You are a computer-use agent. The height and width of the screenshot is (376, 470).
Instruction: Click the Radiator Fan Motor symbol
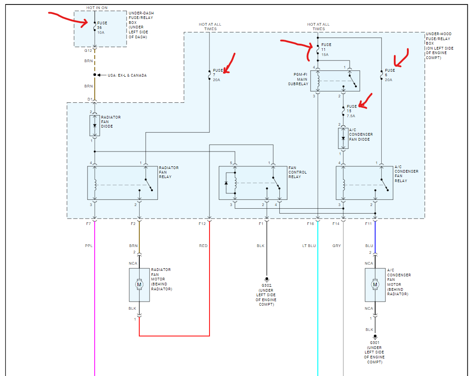139,284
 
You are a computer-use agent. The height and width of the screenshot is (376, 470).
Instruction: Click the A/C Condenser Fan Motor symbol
375,284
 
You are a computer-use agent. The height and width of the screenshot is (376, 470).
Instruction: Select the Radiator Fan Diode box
95,125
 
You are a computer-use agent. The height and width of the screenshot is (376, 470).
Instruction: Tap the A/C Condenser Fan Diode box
343,138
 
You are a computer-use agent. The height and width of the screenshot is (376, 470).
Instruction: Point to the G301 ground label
374,343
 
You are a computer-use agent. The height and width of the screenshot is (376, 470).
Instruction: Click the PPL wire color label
88,246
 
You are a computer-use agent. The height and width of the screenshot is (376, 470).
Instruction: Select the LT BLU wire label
309,246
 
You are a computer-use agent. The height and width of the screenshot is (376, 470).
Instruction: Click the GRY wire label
337,246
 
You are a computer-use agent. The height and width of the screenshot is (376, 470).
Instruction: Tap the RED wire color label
203,246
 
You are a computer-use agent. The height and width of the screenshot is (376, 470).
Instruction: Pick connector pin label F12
202,224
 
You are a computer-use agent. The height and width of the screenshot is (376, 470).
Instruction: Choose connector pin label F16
310,224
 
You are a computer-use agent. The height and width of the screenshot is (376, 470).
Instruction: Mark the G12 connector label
88,51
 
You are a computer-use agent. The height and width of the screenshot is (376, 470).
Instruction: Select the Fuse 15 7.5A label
351,111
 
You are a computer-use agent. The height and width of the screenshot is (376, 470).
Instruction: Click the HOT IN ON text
97,8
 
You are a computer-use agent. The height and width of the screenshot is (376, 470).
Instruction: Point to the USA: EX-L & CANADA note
127,75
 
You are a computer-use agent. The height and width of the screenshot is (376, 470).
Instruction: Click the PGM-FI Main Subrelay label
299,79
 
